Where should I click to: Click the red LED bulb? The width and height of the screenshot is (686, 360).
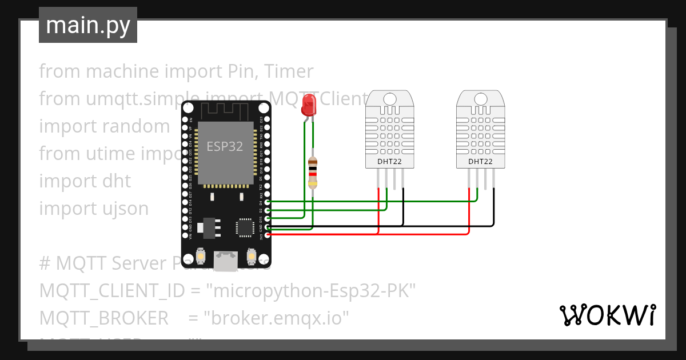tap(309, 105)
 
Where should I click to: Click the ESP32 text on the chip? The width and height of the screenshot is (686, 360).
tap(225, 146)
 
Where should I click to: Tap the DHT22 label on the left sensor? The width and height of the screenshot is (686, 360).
tap(389, 162)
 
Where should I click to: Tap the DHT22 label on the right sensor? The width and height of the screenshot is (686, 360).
tap(480, 162)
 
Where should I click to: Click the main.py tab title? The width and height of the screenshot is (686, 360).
tap(87, 25)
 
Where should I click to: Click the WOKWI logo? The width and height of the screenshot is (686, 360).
tap(607, 315)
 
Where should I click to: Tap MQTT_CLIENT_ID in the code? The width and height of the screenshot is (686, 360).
tap(111, 291)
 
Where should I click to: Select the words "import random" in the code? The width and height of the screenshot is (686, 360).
tap(104, 126)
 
